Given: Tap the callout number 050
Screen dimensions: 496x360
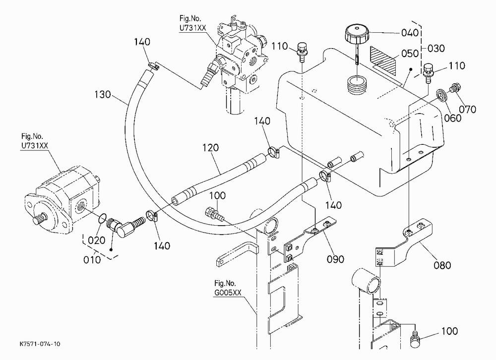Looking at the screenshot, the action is pyautogui.click(x=410, y=54).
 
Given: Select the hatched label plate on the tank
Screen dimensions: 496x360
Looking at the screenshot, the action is pyautogui.click(x=383, y=60).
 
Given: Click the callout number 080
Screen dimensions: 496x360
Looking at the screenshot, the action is pyautogui.click(x=442, y=265).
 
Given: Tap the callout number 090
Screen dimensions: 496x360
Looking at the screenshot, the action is pyautogui.click(x=335, y=259).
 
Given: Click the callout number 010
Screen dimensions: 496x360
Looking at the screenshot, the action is pyautogui.click(x=92, y=260).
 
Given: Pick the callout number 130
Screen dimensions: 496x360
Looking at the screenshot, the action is pyautogui.click(x=103, y=94).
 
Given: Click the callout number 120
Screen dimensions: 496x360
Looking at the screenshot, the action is pyautogui.click(x=210, y=148).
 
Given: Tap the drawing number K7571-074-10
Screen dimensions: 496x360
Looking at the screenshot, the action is pyautogui.click(x=40, y=344).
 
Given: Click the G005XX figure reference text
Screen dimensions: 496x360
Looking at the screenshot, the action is pyautogui.click(x=228, y=293).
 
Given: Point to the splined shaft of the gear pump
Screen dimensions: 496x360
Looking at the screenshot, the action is pyautogui.click(x=40, y=218).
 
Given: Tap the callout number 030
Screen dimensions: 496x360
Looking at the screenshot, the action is pyautogui.click(x=436, y=49).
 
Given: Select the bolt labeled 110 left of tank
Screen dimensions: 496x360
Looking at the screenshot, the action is pyautogui.click(x=302, y=51).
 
